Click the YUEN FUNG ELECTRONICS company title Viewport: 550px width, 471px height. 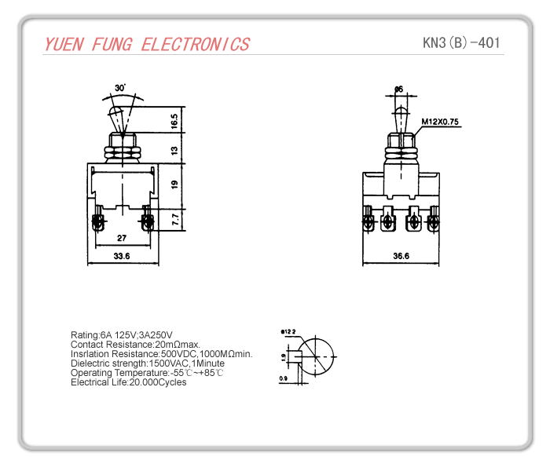click(x=147, y=44)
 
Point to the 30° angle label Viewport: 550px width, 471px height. click(x=119, y=87)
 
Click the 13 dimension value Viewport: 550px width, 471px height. click(x=174, y=150)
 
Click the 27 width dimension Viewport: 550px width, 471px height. click(x=122, y=237)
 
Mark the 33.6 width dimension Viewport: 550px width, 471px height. click(x=122, y=256)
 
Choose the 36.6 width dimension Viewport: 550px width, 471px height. click(x=401, y=256)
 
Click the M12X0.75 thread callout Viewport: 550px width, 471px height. click(x=440, y=122)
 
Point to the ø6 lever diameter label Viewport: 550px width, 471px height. click(x=399, y=89)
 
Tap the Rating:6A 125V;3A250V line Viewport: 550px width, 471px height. click(x=122, y=335)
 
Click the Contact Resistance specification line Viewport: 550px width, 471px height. click(x=135, y=345)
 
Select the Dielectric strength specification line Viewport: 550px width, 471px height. click(x=148, y=363)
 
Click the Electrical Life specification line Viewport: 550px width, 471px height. click(x=128, y=382)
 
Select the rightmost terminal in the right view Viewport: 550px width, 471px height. click(x=432, y=222)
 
